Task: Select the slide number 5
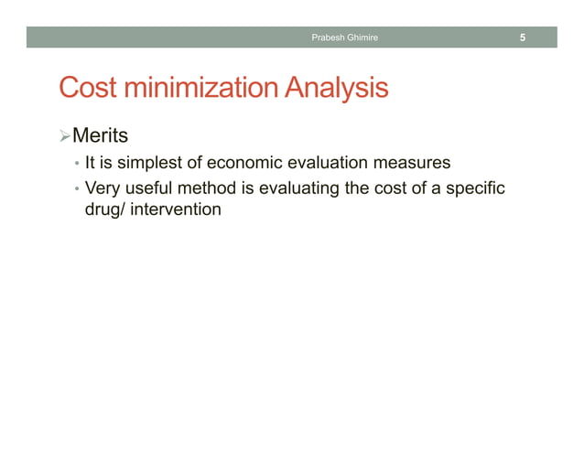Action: (x=522, y=38)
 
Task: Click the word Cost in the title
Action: (x=87, y=89)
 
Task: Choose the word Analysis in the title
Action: (x=335, y=89)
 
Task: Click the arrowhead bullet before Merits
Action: (x=63, y=137)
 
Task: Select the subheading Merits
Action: (x=100, y=137)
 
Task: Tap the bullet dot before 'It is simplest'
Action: (x=77, y=166)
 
